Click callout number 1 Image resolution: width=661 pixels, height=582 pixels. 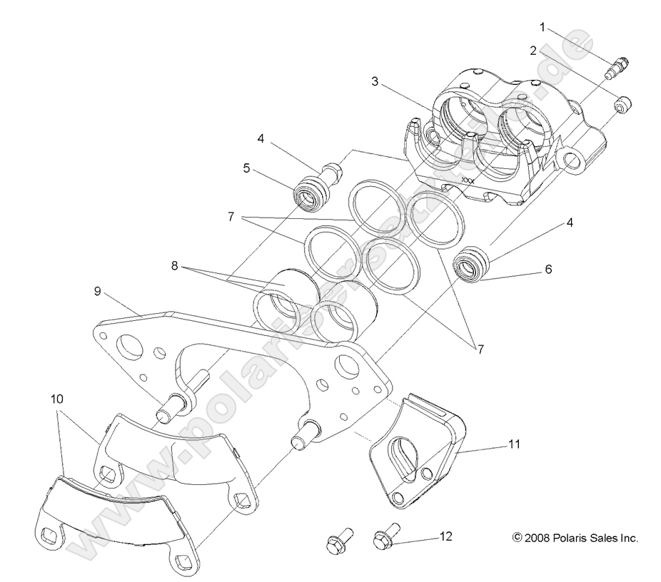[x=542, y=28]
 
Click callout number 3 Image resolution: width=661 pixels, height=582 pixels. [x=374, y=81]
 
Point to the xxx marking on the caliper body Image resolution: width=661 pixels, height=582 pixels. [x=468, y=180]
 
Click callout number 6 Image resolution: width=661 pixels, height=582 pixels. [x=548, y=270]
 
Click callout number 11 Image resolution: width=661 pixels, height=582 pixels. [x=514, y=444]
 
